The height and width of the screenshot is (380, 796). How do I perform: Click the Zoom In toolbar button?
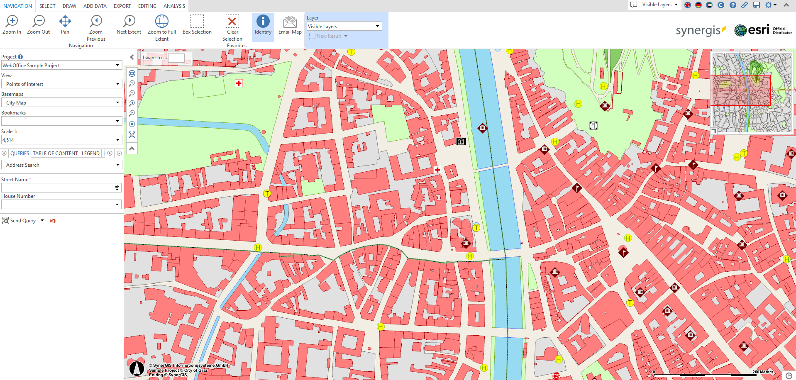(x=12, y=25)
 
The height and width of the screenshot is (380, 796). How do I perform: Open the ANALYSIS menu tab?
(x=174, y=6)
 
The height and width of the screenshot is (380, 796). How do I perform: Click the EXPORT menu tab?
(x=122, y=6)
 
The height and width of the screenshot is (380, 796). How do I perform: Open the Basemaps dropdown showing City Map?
(x=61, y=102)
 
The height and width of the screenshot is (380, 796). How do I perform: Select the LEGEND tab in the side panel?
(x=90, y=153)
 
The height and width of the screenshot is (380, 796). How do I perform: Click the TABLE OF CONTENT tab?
(x=55, y=153)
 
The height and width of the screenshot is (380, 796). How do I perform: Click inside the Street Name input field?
(x=58, y=188)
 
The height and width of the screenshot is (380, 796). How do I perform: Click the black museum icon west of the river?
(x=461, y=141)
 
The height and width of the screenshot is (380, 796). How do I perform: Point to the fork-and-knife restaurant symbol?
(x=593, y=125)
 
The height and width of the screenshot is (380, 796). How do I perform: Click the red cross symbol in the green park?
(x=239, y=83)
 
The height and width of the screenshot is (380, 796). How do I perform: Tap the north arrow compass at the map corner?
(x=137, y=368)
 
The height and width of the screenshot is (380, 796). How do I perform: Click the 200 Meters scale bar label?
(x=762, y=372)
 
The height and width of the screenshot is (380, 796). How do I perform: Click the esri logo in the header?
(x=752, y=30)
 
